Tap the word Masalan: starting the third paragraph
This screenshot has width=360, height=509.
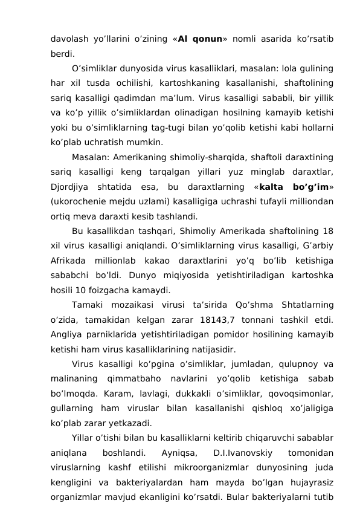pos(91,157)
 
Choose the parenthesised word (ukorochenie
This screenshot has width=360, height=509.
pos(79,201)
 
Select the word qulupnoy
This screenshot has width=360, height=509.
pos(297,363)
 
